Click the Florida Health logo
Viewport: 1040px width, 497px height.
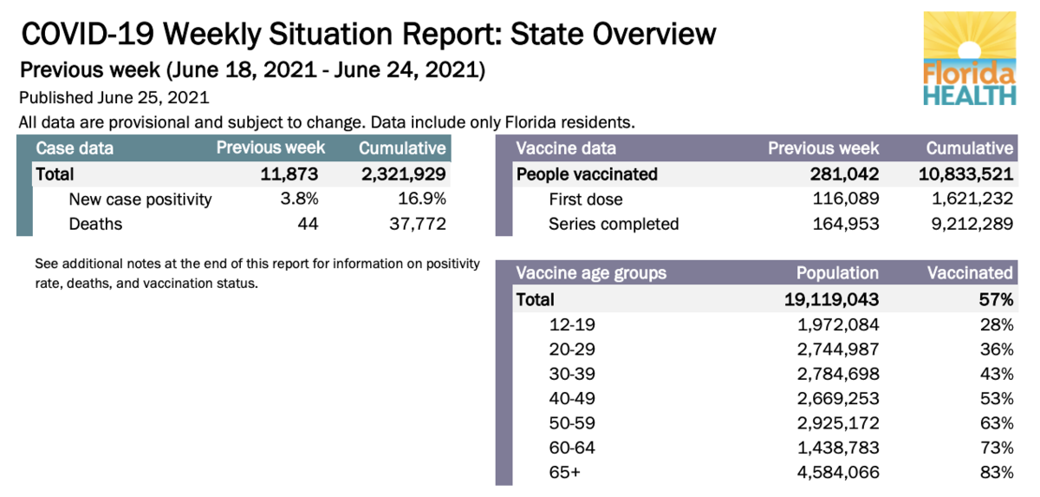point(970,60)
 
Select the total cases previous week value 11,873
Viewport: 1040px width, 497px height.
point(289,174)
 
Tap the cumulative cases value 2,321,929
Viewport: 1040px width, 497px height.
point(403,174)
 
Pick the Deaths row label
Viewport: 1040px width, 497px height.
point(95,225)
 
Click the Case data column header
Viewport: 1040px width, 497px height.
point(75,148)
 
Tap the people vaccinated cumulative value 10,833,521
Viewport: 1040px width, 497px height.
point(965,174)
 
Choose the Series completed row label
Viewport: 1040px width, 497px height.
point(614,225)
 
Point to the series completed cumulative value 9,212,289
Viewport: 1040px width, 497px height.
point(973,225)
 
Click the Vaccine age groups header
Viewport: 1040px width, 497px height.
point(591,273)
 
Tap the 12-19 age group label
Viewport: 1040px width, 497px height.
point(573,325)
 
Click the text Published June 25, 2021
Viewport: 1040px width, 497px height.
point(114,98)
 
